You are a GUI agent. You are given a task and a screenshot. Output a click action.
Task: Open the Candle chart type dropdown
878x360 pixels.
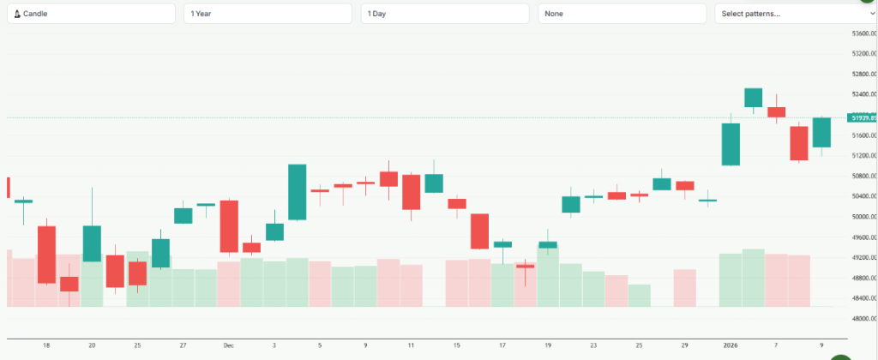click(92, 14)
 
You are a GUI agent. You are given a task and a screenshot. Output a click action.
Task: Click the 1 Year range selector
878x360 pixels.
click(268, 14)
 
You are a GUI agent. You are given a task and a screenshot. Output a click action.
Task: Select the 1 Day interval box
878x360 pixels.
click(445, 14)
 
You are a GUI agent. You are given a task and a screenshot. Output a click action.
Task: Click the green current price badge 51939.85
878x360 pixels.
click(862, 117)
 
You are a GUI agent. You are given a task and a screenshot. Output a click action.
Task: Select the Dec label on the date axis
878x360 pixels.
click(228, 345)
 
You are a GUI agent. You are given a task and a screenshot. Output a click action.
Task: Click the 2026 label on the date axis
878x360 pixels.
click(731, 345)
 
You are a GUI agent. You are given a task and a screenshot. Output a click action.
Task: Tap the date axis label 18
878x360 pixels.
click(46, 345)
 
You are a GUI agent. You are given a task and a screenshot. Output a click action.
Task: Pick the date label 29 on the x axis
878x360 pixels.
click(684, 345)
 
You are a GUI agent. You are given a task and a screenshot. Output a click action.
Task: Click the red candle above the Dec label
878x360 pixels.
click(229, 226)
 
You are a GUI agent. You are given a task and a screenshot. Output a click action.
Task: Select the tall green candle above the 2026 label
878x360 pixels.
click(731, 144)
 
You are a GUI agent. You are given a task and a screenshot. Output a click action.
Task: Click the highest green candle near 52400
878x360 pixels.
click(754, 98)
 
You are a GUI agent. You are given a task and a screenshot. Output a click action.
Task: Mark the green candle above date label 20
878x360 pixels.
click(92, 243)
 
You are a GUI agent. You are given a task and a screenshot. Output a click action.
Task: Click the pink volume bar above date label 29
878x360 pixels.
click(684, 288)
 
